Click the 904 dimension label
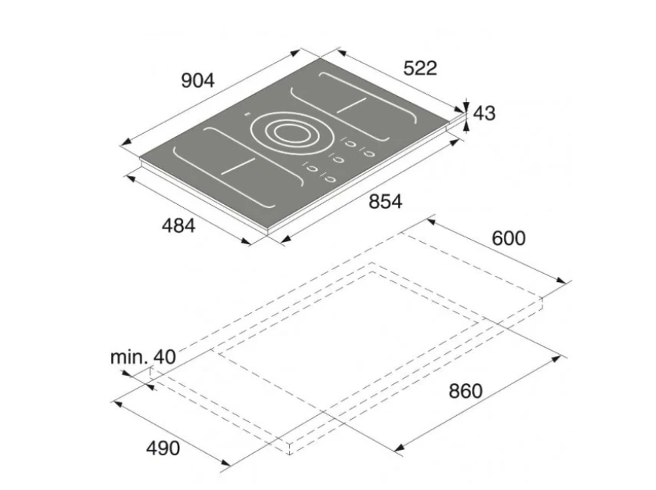(197, 80)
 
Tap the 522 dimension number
(420, 68)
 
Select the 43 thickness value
(484, 113)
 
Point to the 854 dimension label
(385, 201)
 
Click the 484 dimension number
(179, 226)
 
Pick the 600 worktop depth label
(508, 238)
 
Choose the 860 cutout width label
(465, 391)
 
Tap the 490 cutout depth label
(163, 448)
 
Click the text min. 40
(143, 357)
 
